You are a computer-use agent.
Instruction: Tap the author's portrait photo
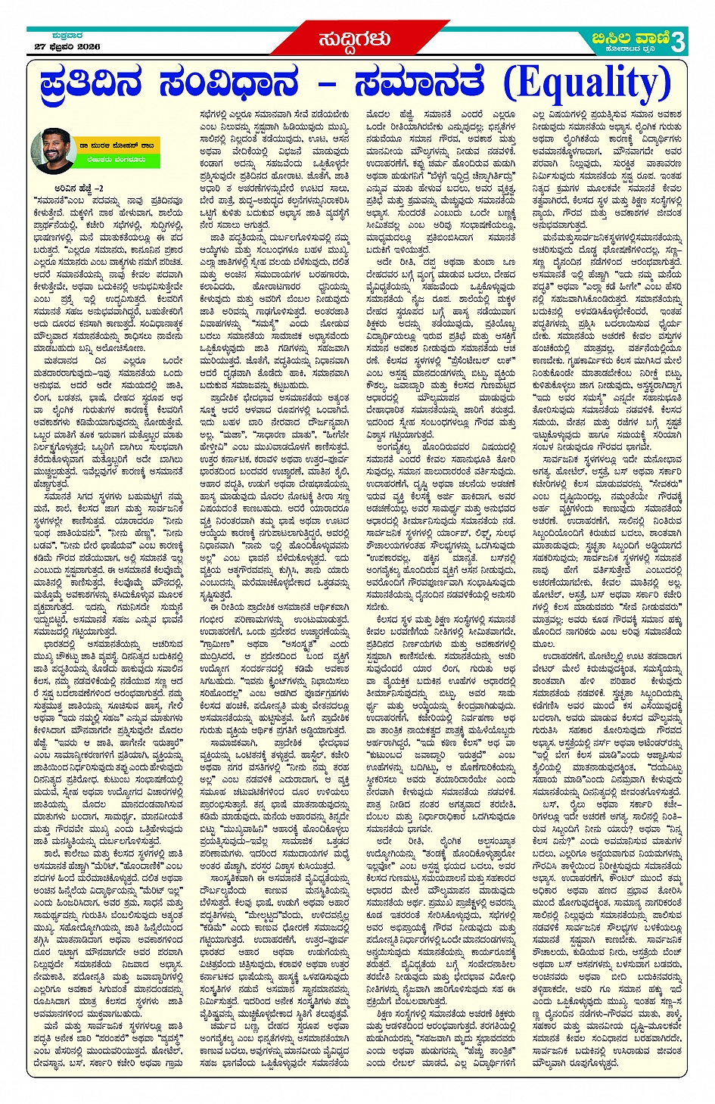(52, 151)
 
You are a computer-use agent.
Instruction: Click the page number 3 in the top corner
(677, 41)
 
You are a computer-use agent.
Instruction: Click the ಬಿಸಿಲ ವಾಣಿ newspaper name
(629, 36)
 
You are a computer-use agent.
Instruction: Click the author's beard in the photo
(52, 160)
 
